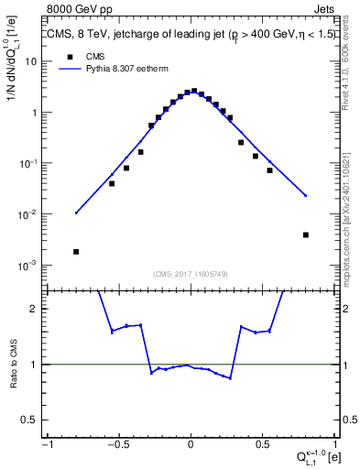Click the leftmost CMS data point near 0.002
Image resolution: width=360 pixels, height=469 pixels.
tap(76, 251)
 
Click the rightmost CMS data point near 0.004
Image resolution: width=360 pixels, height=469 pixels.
tap(306, 234)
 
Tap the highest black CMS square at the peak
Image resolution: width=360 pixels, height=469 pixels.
tap(194, 92)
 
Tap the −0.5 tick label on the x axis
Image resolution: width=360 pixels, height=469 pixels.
tap(118, 444)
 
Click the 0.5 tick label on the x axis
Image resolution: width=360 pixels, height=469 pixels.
tap(262, 444)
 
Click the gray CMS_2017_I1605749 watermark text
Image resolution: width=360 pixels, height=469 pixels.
tap(191, 274)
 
